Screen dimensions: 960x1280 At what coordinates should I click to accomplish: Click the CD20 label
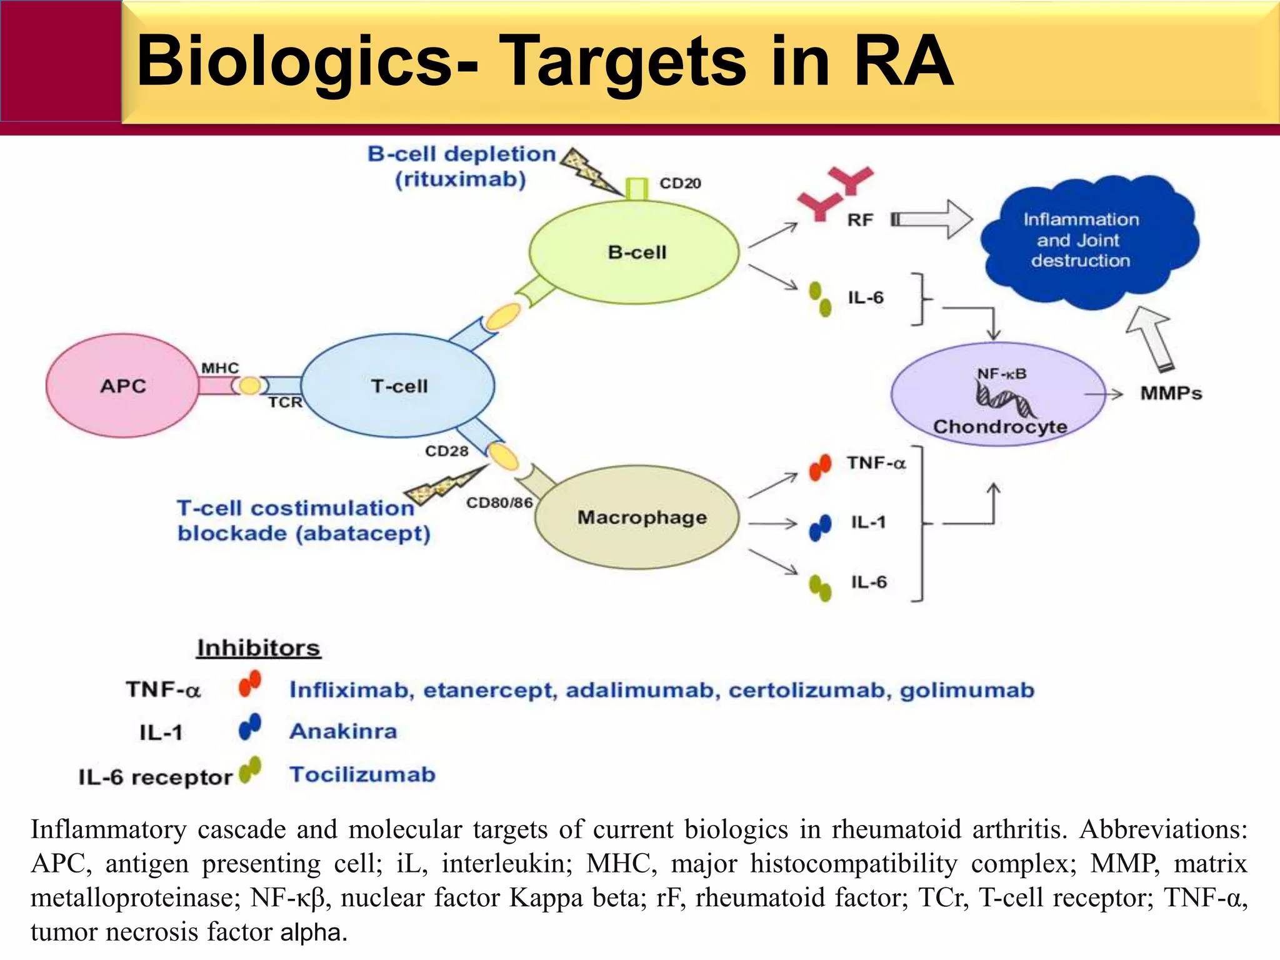(680, 183)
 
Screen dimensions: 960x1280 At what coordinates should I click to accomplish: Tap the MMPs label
(1171, 394)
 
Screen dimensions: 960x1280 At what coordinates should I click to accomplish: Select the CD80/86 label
(499, 502)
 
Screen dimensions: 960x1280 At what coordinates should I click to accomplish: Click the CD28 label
(446, 451)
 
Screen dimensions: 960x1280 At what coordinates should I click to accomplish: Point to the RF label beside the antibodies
(860, 220)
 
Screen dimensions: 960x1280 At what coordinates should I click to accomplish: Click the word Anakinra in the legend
(343, 731)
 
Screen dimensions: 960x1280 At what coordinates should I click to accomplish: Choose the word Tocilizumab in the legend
(362, 775)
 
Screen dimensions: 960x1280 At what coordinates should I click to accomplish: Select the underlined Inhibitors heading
(258, 648)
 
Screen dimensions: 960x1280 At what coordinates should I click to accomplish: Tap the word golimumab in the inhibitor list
(967, 690)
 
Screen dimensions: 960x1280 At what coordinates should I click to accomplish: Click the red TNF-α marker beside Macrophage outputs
(819, 467)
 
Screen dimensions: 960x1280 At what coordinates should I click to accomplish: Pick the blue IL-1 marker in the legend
(249, 727)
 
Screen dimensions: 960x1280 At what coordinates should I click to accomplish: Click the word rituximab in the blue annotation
(460, 180)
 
